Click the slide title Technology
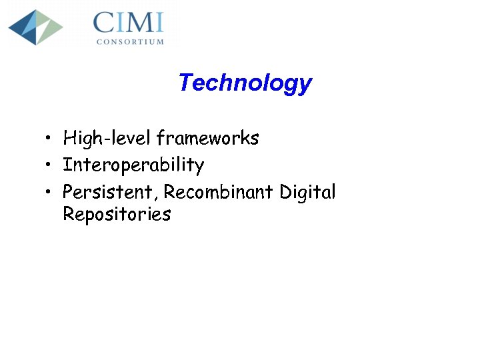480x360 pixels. pos(245,83)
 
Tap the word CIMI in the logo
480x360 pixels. pos(128,23)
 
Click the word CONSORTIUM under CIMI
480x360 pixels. pos(130,41)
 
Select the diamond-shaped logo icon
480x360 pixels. pos(35,27)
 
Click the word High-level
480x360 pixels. pos(107,139)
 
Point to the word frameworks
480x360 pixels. pos(207,139)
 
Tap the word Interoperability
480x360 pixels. pos(133,165)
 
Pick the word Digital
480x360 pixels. pos(307,193)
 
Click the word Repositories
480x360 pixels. pos(117,215)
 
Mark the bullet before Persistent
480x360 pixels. pos(49,193)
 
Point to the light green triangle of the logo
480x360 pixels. pos(51,27)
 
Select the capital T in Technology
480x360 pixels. pos(185,83)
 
